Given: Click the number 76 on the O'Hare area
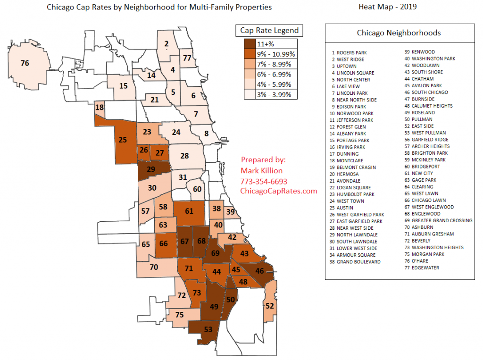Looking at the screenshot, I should coord(25,63).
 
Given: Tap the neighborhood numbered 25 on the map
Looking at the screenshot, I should coord(123,140).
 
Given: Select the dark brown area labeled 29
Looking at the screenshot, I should coord(151,169).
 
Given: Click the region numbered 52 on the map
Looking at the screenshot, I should coord(269,306).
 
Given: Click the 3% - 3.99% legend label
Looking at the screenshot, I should coord(274,95).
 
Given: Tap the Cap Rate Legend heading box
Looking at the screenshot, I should coord(269,31).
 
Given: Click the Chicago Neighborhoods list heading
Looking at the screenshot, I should coord(399,33).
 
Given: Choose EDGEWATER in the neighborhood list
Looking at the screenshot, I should coord(425,268).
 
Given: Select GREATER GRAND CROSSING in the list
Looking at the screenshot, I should coord(441,220).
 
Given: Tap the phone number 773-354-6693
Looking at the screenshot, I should coord(264,181).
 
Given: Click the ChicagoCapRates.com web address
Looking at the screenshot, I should coord(278,191).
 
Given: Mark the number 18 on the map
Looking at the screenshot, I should coord(100,108).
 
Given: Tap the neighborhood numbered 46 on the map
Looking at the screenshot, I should coord(260,271).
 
